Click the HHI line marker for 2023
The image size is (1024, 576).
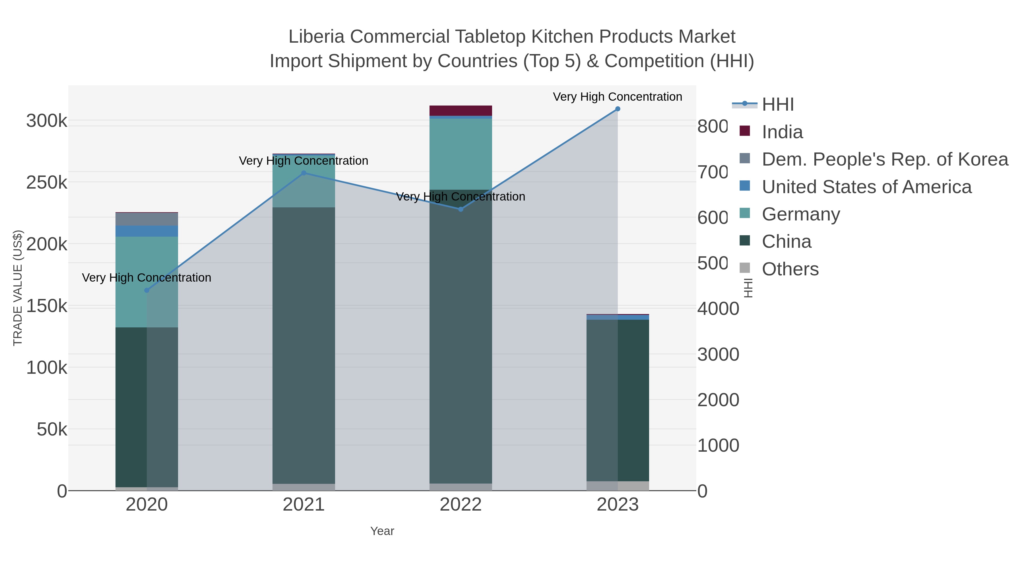617,109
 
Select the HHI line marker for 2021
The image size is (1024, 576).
304,173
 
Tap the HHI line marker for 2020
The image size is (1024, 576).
147,290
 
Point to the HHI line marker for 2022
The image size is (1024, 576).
461,209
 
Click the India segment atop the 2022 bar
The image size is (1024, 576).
461,111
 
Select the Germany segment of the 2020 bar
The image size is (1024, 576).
131,282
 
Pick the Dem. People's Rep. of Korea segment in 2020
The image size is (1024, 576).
147,219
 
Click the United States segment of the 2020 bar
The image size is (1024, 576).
147,231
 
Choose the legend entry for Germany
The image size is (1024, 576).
801,214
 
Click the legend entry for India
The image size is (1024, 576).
782,132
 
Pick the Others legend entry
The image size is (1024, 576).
790,269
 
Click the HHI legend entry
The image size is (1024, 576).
778,105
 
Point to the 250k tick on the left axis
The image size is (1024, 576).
47,183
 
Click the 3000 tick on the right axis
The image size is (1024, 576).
718,355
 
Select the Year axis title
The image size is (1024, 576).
382,531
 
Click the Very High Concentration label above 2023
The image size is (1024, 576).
617,97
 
